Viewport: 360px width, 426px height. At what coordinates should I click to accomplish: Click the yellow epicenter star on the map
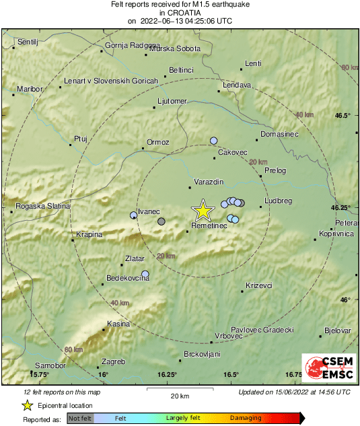tap(202, 211)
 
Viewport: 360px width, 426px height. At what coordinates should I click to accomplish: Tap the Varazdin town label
tap(207, 183)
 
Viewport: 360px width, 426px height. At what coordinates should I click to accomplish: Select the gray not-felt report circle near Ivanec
tap(161, 221)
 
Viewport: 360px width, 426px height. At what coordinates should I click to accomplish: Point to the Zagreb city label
tap(113, 361)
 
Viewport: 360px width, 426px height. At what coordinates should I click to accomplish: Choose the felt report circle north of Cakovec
tap(214, 141)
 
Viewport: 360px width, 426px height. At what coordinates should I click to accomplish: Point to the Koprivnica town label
tap(336, 234)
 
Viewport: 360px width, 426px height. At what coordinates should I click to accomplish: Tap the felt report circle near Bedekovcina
tap(145, 274)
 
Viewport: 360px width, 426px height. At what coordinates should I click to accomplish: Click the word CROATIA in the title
tap(180, 12)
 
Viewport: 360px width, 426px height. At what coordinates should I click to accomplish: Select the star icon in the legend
tap(28, 405)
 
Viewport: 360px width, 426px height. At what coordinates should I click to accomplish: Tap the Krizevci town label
tap(258, 285)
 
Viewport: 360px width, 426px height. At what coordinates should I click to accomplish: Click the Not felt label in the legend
tap(80, 419)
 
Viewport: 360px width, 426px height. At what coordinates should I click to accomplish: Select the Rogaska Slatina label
tap(41, 206)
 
